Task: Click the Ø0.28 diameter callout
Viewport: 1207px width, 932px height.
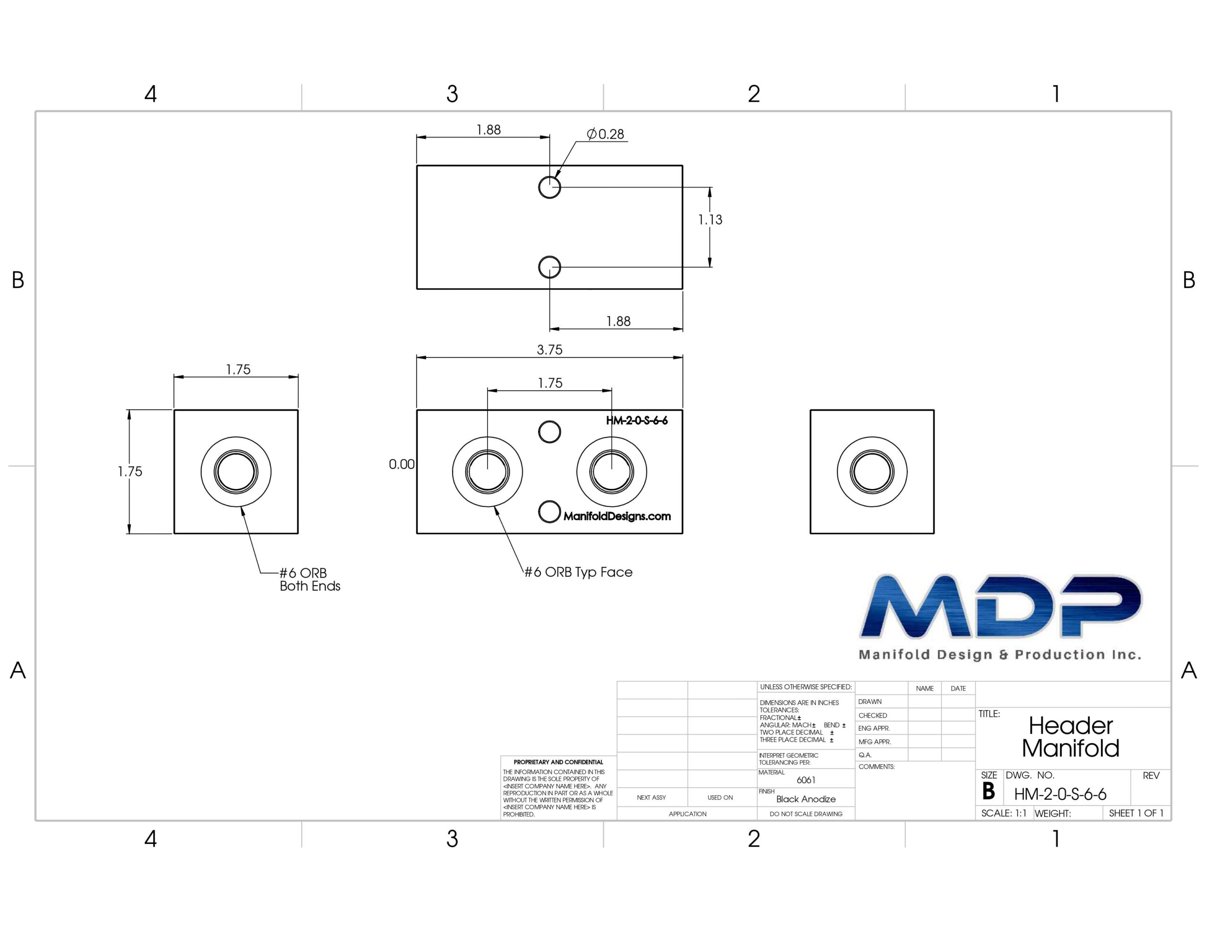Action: [x=605, y=134]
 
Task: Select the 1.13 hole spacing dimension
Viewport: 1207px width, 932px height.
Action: [x=710, y=220]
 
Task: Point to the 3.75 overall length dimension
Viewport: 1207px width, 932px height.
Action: [x=549, y=350]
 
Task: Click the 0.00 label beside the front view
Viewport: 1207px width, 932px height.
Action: [x=401, y=464]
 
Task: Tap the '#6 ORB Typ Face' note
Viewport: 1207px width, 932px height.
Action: [x=578, y=572]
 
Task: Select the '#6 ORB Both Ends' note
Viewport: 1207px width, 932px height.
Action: [x=309, y=579]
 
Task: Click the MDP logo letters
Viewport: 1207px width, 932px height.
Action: [x=1000, y=606]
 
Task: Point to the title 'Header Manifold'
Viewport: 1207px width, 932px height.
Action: [x=1070, y=736]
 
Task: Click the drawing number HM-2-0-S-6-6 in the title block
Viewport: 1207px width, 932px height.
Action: [x=1060, y=794]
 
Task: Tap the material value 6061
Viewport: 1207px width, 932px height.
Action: [x=806, y=780]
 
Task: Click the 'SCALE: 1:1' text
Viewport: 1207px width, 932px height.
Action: [x=1004, y=813]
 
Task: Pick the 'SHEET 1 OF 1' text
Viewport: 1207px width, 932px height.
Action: [x=1136, y=813]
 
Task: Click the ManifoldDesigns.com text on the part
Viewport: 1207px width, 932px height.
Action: [x=617, y=516]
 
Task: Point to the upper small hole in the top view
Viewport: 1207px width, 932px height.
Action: [x=549, y=187]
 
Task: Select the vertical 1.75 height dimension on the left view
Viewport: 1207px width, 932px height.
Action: [x=130, y=471]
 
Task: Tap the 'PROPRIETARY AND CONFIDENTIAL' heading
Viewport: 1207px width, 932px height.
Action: [x=558, y=762]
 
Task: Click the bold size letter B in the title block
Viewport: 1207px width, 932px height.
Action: [x=988, y=792]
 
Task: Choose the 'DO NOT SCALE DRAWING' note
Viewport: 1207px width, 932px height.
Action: [x=806, y=814]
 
